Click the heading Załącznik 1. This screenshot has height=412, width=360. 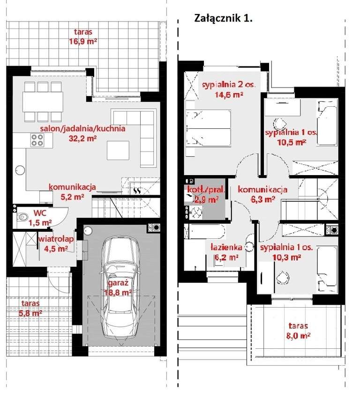tap(223, 18)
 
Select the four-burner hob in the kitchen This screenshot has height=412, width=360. tap(37, 140)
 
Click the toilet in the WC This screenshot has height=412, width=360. tap(22, 217)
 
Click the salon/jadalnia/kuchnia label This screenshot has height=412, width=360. tap(82, 128)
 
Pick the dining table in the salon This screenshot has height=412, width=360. tap(43, 102)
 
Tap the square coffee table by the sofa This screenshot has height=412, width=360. tap(118, 150)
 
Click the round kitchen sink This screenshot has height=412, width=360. tap(20, 170)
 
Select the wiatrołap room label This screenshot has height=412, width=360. tap(56, 239)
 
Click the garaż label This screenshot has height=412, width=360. tap(119, 283)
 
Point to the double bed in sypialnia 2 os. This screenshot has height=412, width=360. tap(208, 129)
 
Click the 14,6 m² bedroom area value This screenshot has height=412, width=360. tap(229, 95)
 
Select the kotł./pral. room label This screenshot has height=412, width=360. tap(206, 189)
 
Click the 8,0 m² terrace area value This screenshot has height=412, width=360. tap(298, 336)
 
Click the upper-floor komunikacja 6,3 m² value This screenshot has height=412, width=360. tap(263, 199)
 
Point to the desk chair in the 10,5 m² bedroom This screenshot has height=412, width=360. tap(280, 123)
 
